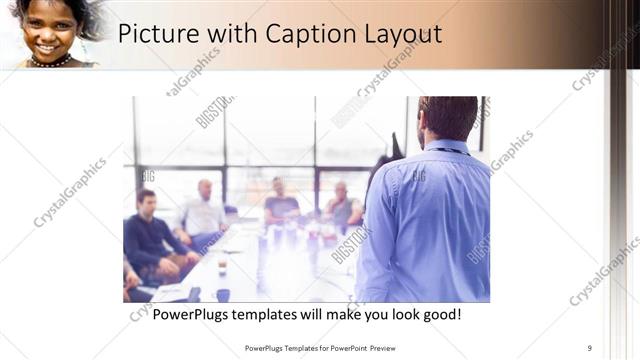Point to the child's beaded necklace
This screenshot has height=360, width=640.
[x=49, y=62]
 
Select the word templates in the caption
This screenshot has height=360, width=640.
[x=283, y=315]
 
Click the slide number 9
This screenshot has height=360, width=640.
[x=590, y=348]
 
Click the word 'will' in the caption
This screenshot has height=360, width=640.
[x=332, y=315]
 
